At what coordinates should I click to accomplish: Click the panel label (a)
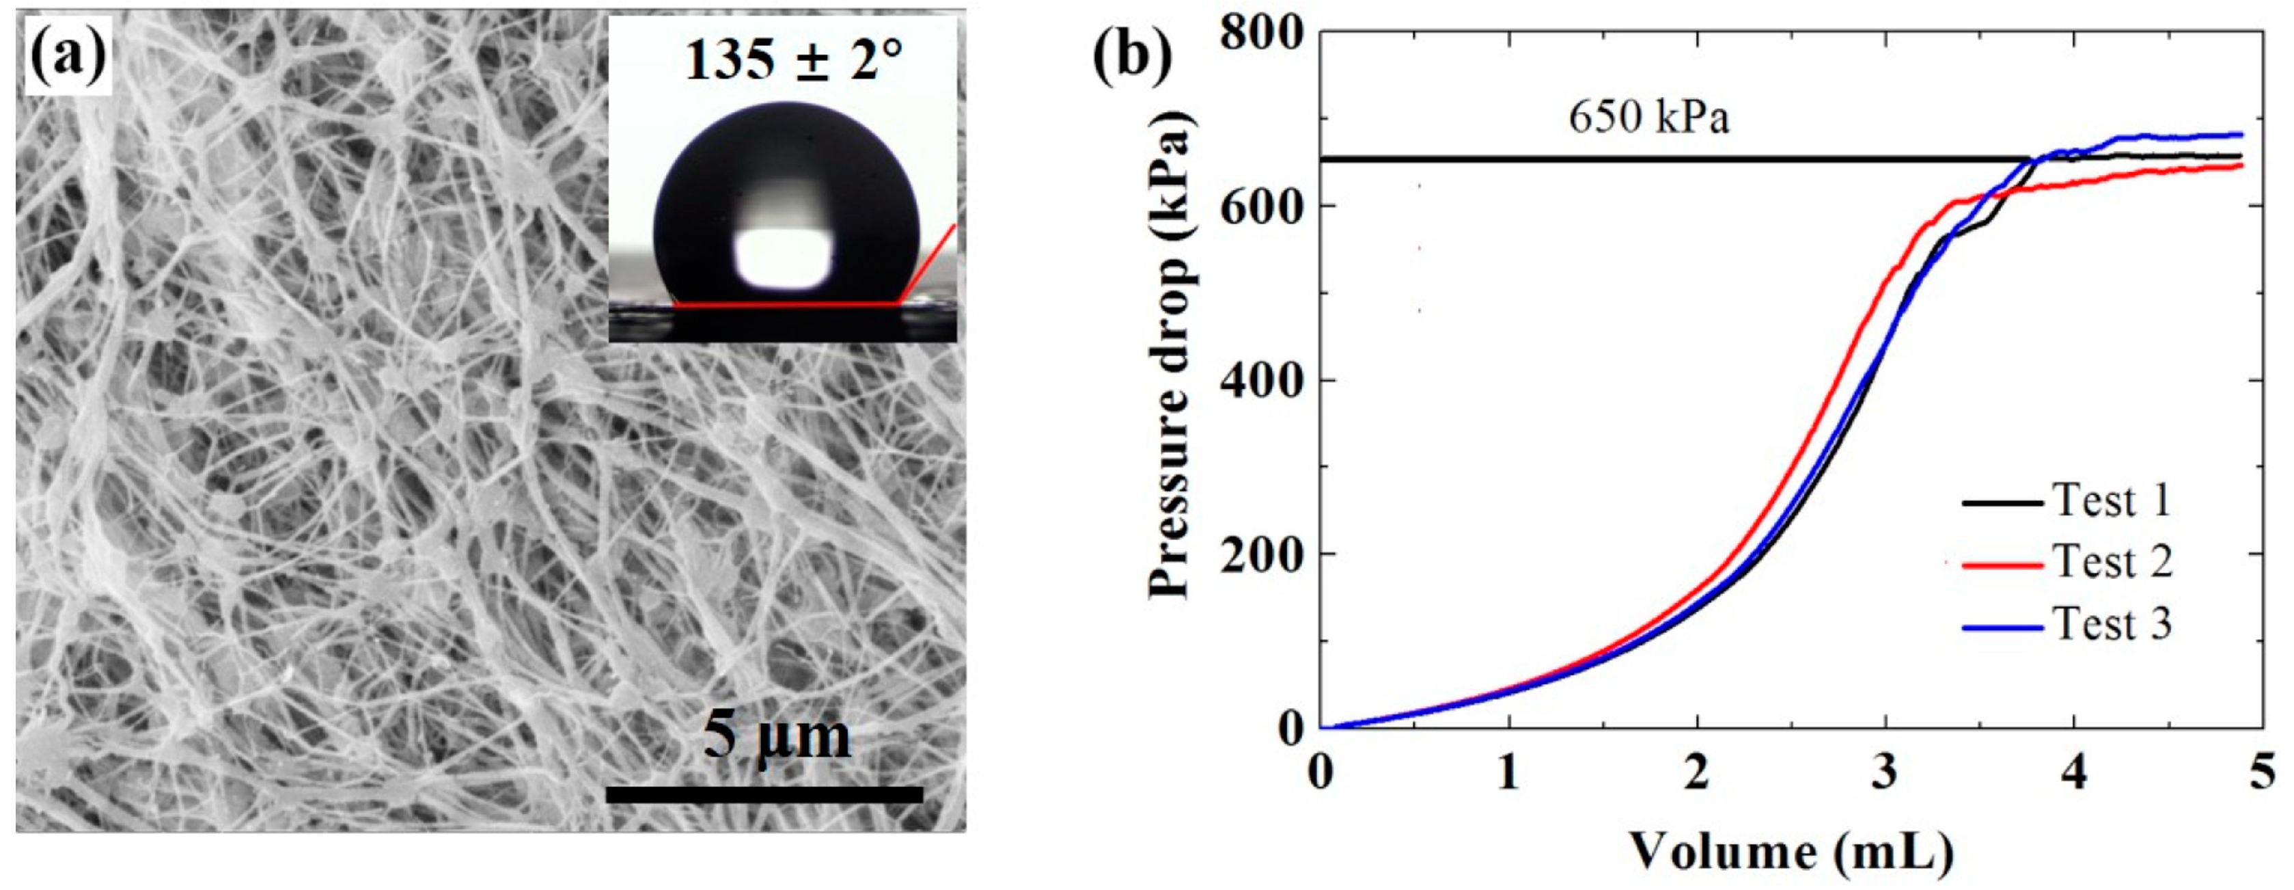tap(68, 56)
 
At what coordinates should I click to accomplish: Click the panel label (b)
tap(1131, 56)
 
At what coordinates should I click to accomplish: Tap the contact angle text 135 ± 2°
tap(793, 61)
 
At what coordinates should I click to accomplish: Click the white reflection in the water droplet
tap(784, 258)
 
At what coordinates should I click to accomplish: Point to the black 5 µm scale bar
tap(763, 794)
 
